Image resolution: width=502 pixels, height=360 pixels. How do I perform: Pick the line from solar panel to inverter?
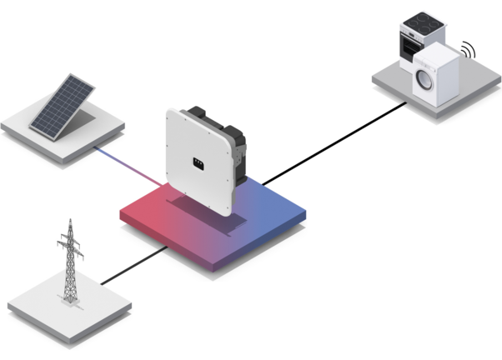pyautogui.click(x=125, y=164)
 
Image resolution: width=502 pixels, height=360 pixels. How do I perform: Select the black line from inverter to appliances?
pyautogui.click(x=334, y=142)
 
